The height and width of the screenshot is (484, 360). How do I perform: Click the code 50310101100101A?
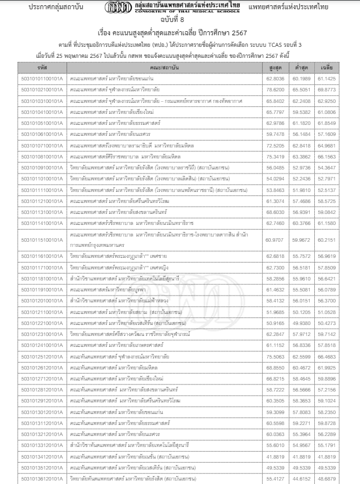pyautogui.click(x=41, y=78)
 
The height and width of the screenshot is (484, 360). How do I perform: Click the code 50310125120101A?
pyautogui.click(x=41, y=356)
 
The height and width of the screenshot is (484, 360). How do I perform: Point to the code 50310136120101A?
pyautogui.click(x=41, y=479)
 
